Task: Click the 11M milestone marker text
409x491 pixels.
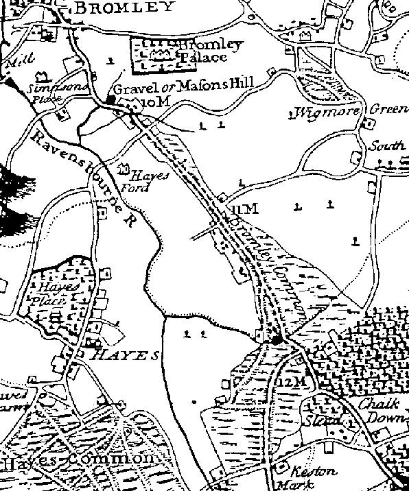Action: click(x=243, y=208)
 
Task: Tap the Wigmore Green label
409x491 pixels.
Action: click(x=350, y=110)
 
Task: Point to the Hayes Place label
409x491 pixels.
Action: click(x=54, y=294)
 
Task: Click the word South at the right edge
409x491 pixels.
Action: click(x=385, y=145)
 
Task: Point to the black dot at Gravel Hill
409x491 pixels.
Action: click(x=110, y=101)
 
